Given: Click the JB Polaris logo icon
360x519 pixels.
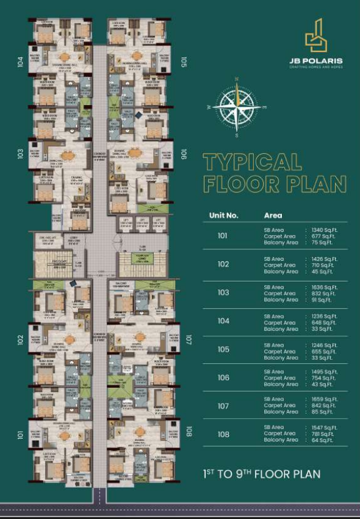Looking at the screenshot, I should point(315,36).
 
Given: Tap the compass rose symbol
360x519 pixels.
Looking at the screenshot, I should point(236,106).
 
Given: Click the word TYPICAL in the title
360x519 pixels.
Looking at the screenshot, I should point(252,162).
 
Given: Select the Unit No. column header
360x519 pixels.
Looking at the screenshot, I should point(223,216).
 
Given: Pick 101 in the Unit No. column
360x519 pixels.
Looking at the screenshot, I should point(223,236).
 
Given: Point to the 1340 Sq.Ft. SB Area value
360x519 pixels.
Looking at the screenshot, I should point(323,230).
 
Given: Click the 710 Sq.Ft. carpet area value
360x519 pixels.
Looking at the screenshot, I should point(322,265).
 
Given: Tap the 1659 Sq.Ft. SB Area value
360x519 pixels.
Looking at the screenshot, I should point(323,399).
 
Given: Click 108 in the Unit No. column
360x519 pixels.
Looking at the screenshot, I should point(223,434).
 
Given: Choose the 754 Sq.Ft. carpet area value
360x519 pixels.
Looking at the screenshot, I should point(322,378).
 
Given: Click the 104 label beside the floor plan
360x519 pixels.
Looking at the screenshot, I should point(21,62).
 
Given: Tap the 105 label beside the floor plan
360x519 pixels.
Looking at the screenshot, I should point(184,63).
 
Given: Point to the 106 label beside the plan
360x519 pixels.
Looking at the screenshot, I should point(184,155).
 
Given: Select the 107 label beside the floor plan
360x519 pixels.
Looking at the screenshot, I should point(189,339).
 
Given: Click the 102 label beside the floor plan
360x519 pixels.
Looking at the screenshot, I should point(21,339).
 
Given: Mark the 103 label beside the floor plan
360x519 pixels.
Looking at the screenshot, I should point(21,154).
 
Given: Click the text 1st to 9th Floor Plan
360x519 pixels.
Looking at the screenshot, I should point(261,474).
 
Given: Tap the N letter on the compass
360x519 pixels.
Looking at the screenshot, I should point(236,79).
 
